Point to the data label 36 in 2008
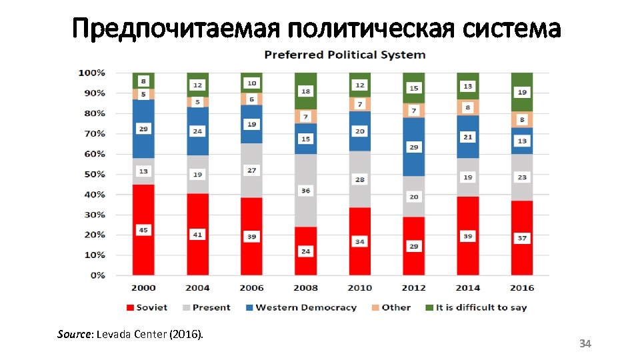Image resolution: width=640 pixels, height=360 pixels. point(305,191)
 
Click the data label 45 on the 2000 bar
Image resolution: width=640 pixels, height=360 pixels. point(143,230)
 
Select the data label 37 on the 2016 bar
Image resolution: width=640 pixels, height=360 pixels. point(522,238)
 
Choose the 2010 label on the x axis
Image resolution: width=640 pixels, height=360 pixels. point(359,287)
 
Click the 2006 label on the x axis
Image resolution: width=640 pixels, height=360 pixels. point(251,287)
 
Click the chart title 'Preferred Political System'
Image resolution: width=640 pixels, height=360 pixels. point(345,55)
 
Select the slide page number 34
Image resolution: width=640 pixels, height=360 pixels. point(585,343)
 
